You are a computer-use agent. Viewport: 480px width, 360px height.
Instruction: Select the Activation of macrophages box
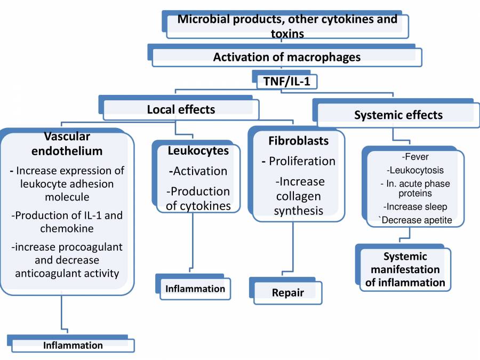287,57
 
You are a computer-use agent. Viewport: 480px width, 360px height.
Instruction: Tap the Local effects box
181,110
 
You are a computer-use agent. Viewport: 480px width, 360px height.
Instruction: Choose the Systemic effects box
398,115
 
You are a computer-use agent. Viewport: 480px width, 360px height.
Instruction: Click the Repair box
287,293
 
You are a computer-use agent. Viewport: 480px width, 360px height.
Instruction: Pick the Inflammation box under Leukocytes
195,289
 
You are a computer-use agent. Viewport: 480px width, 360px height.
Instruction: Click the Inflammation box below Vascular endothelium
73,345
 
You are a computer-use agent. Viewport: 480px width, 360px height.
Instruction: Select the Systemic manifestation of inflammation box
405,269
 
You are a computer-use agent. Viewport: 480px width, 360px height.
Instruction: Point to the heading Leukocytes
198,151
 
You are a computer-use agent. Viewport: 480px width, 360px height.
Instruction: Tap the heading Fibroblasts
298,141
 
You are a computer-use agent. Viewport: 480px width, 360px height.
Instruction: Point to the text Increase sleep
414,206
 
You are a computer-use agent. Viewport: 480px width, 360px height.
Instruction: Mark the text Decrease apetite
415,219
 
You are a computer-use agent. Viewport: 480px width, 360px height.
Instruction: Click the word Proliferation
302,161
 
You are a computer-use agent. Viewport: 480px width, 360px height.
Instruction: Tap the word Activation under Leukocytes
198,171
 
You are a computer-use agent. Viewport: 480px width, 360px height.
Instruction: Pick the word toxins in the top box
287,34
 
